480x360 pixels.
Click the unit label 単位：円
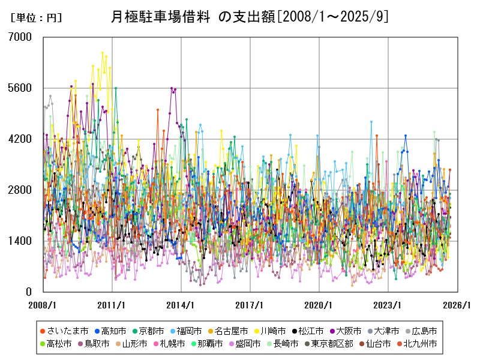[37, 19]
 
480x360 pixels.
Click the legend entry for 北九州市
[419, 344]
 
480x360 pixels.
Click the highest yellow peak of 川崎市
[103, 53]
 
